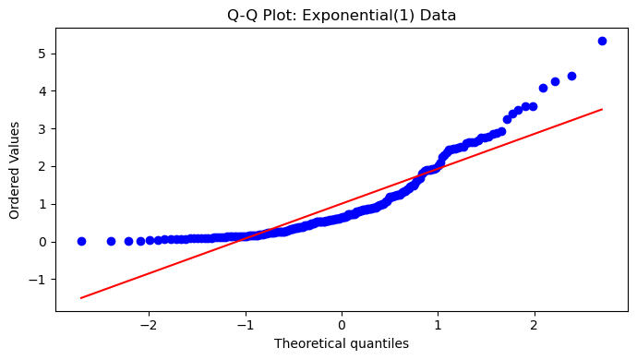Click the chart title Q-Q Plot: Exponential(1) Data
[342, 16]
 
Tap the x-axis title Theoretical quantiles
[342, 343]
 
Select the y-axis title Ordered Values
[14, 170]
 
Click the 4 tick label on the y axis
[42, 91]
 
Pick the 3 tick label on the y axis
[42, 129]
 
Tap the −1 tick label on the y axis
[37, 280]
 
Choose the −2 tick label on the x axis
[149, 326]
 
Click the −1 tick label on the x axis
[246, 326]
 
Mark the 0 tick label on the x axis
[342, 326]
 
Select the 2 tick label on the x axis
[535, 326]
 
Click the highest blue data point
[602, 41]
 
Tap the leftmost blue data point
[81, 241]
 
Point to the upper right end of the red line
[602, 109]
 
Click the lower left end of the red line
[81, 298]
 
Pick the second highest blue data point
[571, 76]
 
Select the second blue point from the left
[111, 241]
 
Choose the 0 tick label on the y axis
[42, 242]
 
